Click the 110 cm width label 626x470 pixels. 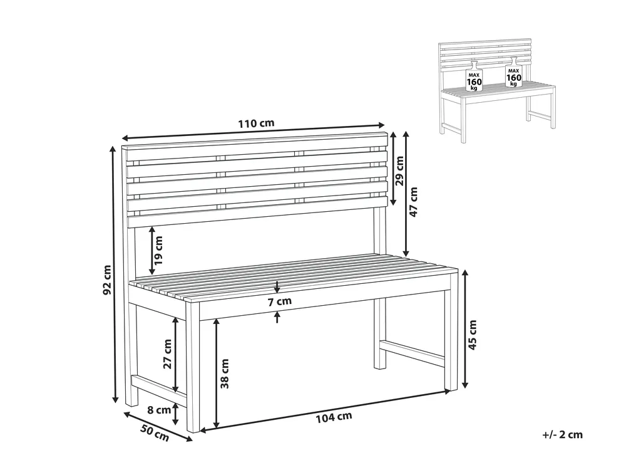tap(255, 123)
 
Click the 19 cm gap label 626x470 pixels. tap(159, 249)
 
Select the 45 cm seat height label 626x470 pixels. tap(473, 334)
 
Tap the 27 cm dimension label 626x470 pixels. tap(168, 354)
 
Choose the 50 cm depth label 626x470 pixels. tap(153, 433)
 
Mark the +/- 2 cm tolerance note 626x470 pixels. tap(563, 434)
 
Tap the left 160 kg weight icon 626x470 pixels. tap(474, 77)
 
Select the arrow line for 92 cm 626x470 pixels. tap(115, 274)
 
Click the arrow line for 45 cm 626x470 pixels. tap(464, 329)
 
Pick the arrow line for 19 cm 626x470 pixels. tap(151, 249)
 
